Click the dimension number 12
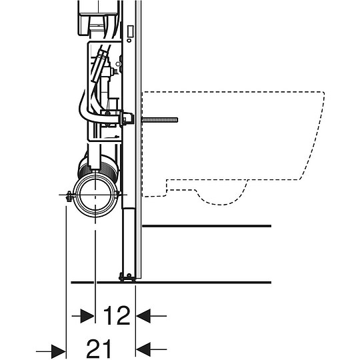(x=117, y=315)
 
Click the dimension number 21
(x=99, y=349)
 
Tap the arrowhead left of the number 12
(x=87, y=316)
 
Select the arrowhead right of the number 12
(x=143, y=316)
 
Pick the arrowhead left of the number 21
(x=59, y=351)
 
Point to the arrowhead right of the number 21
(x=143, y=349)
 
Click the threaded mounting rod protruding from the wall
(x=160, y=120)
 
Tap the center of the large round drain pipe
(x=95, y=195)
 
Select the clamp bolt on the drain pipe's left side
(x=69, y=196)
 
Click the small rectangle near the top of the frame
(x=130, y=31)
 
